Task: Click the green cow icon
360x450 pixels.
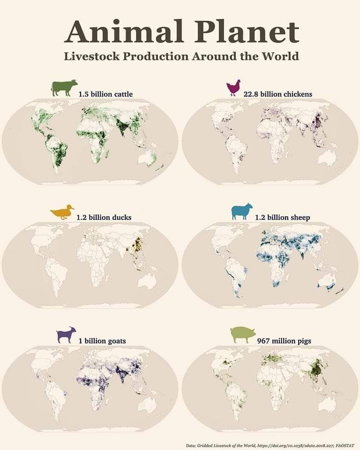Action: click(x=65, y=88)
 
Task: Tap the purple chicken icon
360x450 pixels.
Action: click(x=233, y=88)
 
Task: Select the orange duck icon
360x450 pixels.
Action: click(x=62, y=212)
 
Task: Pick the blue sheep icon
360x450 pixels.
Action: click(x=242, y=212)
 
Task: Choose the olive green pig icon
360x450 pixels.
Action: click(x=243, y=335)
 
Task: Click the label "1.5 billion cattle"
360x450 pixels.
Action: click(x=105, y=94)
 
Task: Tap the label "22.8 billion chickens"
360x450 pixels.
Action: click(x=278, y=94)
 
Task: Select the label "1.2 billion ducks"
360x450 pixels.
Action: click(x=104, y=217)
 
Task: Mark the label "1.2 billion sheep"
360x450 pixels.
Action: click(x=282, y=217)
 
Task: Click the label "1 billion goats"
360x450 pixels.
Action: click(x=102, y=341)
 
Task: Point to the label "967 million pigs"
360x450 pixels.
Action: click(x=284, y=341)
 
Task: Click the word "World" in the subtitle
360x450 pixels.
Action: click(x=281, y=57)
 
